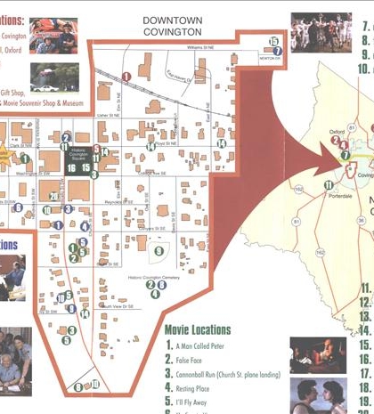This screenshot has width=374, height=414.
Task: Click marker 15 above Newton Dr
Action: click(x=273, y=42)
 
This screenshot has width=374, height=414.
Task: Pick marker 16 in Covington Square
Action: click(x=71, y=166)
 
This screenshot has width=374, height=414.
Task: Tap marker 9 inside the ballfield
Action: click(x=159, y=251)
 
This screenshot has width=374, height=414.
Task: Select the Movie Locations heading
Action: click(x=198, y=330)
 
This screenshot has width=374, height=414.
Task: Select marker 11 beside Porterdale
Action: click(x=329, y=185)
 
